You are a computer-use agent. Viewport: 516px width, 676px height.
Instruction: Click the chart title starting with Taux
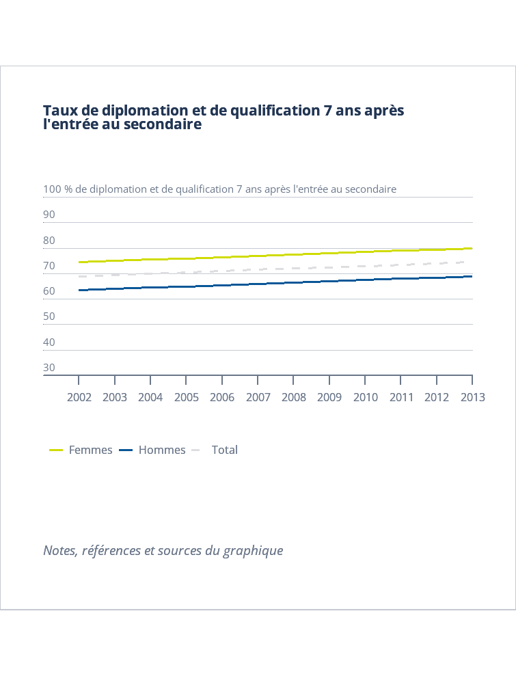(x=223, y=118)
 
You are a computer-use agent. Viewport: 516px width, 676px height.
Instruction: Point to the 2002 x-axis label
(x=79, y=397)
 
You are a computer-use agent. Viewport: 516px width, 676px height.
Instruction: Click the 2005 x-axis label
(x=187, y=397)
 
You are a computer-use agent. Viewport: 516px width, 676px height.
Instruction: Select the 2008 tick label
(x=294, y=397)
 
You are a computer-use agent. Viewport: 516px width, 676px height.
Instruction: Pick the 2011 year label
(x=401, y=397)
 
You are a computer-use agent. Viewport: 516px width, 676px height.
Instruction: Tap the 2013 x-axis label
(x=472, y=397)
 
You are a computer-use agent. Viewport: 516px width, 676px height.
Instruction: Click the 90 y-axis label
(x=49, y=215)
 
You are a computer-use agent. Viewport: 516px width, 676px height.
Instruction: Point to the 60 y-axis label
(x=49, y=291)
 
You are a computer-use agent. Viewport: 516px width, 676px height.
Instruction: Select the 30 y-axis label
(x=49, y=368)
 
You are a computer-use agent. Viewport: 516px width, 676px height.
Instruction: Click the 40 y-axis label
(x=49, y=342)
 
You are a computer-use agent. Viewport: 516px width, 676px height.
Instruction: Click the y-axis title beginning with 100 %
(x=219, y=189)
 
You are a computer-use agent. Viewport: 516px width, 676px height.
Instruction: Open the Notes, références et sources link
(x=163, y=550)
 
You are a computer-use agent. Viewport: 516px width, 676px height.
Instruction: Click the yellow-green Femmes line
(x=273, y=256)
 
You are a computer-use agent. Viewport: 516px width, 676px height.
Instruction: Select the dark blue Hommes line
(x=273, y=283)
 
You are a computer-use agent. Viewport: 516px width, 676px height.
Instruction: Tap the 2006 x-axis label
(x=222, y=397)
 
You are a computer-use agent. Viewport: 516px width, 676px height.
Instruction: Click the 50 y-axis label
(x=49, y=316)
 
